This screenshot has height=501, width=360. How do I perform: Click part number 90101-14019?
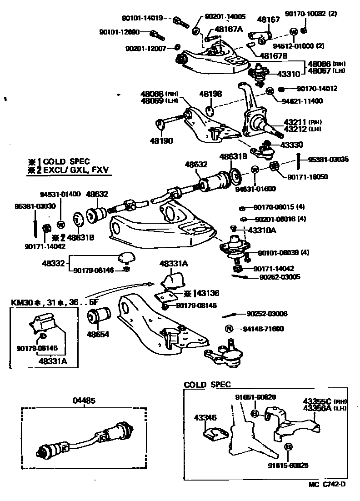pyautogui.click(x=142, y=19)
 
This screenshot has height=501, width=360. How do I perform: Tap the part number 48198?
pyautogui.click(x=210, y=94)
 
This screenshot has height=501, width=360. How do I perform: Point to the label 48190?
pyautogui.click(x=161, y=141)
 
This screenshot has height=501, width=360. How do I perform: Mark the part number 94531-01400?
pyautogui.click(x=60, y=194)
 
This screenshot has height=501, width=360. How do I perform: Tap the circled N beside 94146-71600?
pyautogui.click(x=229, y=328)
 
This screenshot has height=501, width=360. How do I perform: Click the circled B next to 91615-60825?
pyautogui.click(x=287, y=447)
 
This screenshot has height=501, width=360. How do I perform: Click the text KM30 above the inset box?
pyautogui.click(x=21, y=302)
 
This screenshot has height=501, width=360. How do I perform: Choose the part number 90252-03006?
pyautogui.click(x=267, y=314)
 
